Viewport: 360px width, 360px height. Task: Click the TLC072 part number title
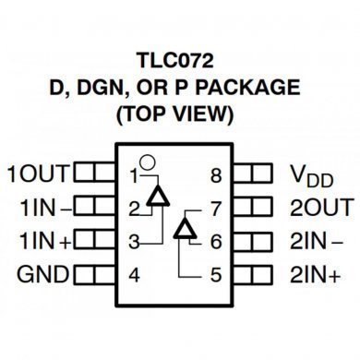[180, 61]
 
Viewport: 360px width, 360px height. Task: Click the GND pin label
[38, 274]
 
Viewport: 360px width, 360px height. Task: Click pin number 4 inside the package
[134, 274]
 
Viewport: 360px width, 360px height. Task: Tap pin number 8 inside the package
[216, 174]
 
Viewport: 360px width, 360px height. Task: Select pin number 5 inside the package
[216, 274]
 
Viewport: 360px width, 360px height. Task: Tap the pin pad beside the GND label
[89, 274]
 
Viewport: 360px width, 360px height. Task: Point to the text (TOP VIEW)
[180, 116]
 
